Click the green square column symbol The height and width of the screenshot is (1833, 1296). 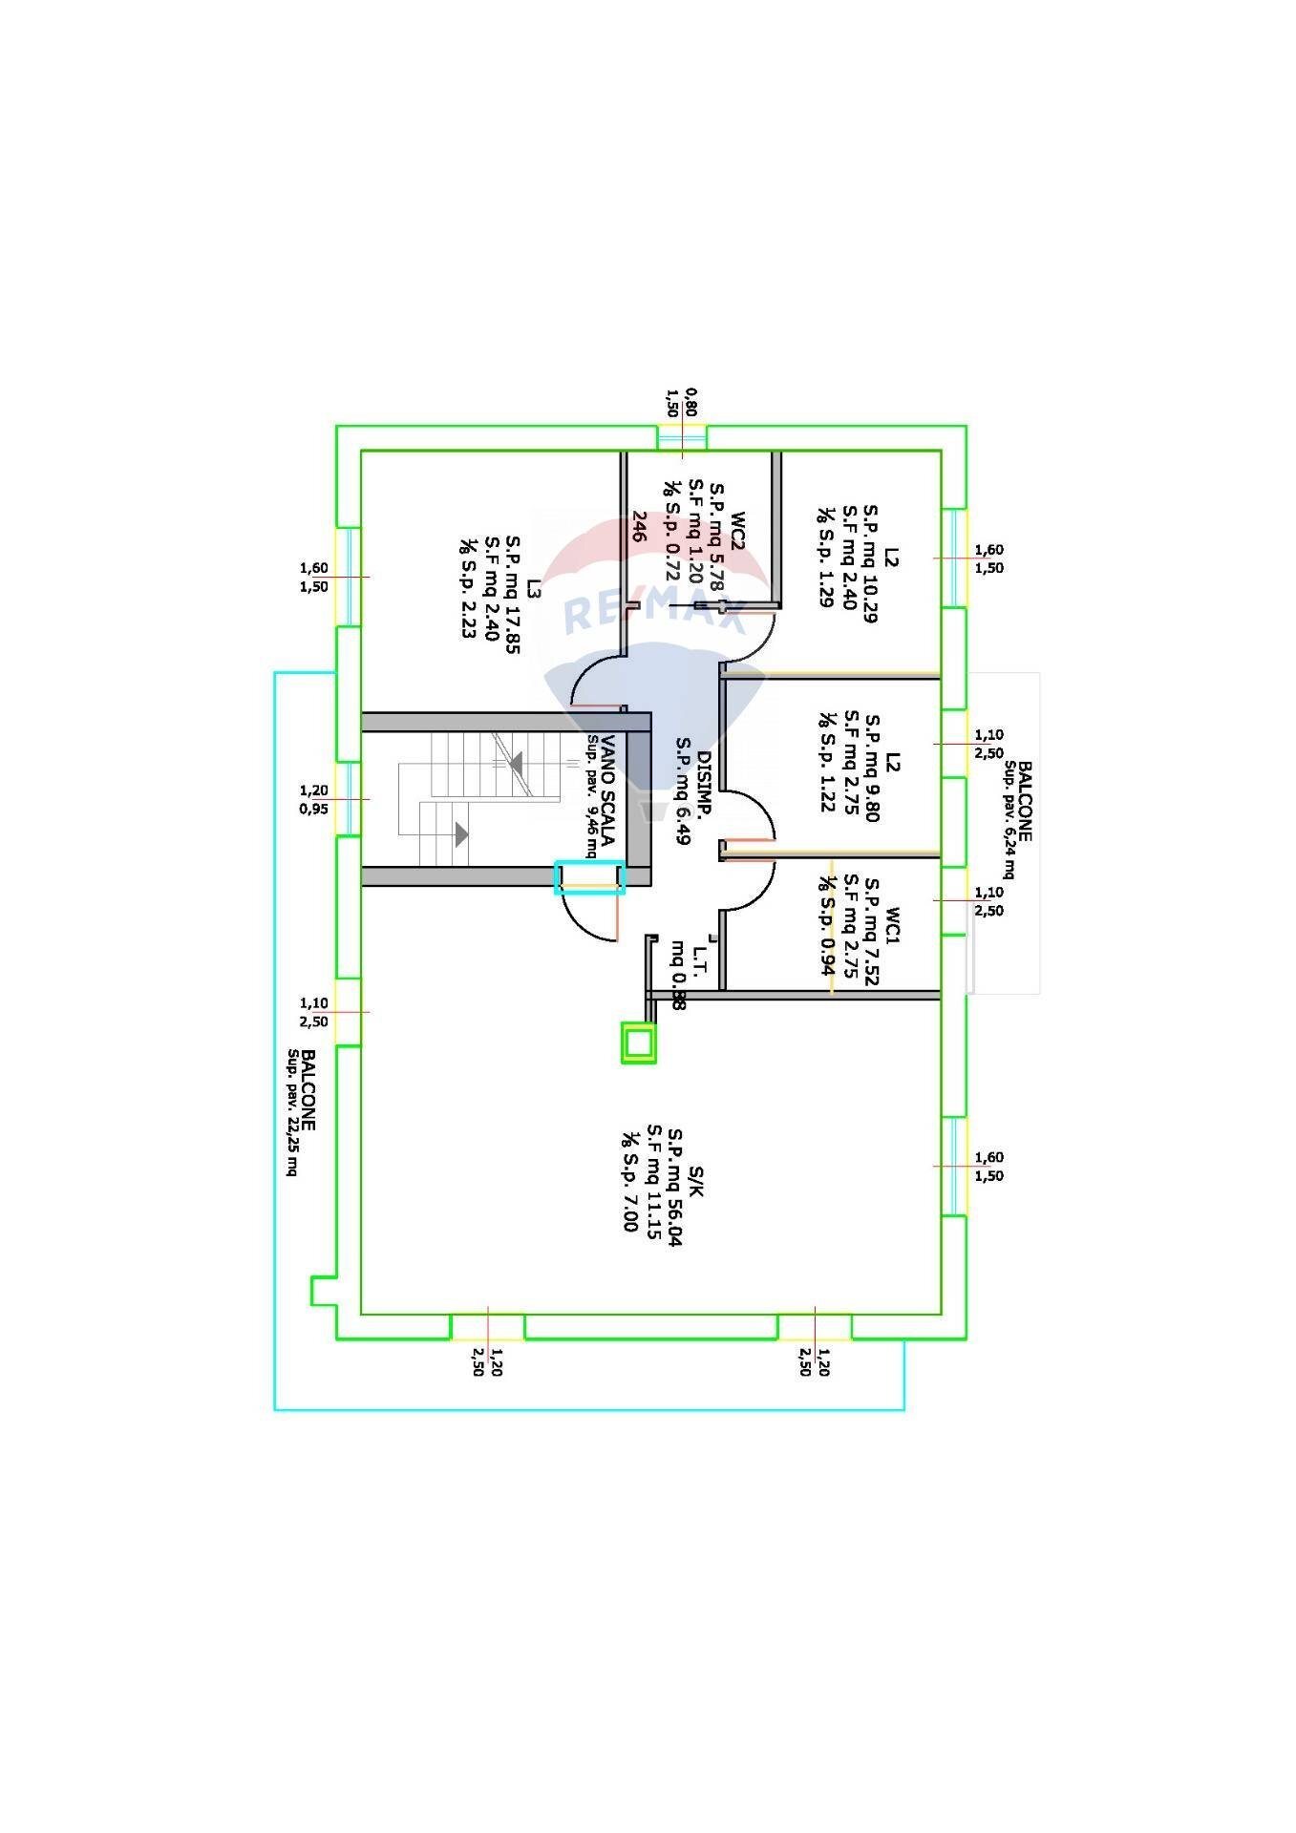[x=639, y=1043]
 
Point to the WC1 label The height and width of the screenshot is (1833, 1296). [x=892, y=924]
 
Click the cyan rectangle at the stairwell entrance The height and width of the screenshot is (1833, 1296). [x=590, y=877]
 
